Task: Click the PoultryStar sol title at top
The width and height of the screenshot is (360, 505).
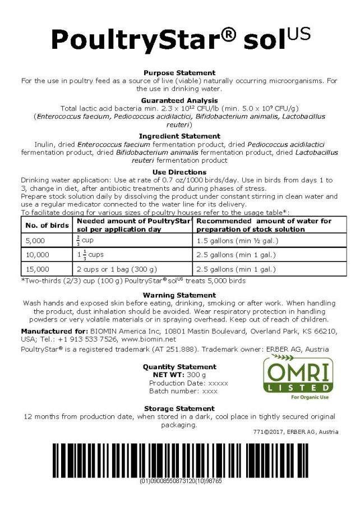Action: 179,38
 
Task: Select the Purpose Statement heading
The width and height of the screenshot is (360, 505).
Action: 179,73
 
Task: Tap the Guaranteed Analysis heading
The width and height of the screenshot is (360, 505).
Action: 179,100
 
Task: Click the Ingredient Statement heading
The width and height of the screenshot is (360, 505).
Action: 179,136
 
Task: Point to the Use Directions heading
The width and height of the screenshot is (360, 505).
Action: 179,172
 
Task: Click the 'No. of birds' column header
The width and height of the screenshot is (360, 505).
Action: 44,225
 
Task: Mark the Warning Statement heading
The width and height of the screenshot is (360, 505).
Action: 179,295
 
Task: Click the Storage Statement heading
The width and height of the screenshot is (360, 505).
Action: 179,408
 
